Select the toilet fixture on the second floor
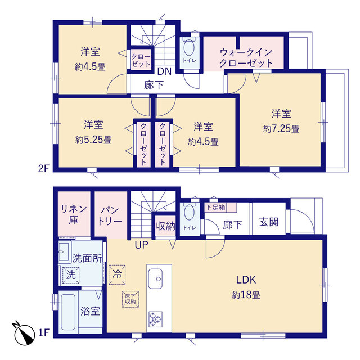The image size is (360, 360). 188,50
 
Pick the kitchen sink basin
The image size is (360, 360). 156,277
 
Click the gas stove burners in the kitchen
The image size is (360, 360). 155,318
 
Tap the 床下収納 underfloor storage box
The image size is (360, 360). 130,299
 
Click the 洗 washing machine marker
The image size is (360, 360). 70,275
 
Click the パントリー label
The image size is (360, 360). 111,216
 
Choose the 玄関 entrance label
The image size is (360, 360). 268,222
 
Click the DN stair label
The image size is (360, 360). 164,71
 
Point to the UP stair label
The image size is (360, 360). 141,245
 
